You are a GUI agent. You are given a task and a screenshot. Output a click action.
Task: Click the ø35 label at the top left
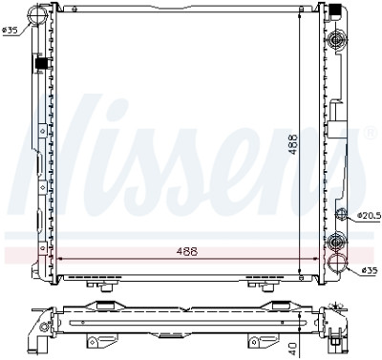click(10, 31)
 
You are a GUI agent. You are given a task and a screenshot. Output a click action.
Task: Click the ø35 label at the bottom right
click(370, 270)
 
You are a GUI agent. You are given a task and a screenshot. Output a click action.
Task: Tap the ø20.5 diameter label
click(369, 215)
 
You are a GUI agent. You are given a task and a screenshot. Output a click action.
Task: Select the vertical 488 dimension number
click(293, 144)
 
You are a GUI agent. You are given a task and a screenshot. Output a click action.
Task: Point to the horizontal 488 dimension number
click(187, 251)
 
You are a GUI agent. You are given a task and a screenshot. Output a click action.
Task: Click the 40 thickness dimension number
click(293, 349)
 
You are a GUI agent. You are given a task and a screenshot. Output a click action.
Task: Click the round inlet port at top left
click(37, 14)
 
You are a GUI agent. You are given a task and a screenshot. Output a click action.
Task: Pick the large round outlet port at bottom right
click(338, 263)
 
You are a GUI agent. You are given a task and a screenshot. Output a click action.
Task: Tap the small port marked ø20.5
click(342, 214)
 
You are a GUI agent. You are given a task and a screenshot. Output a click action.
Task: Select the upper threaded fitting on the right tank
click(336, 40)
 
